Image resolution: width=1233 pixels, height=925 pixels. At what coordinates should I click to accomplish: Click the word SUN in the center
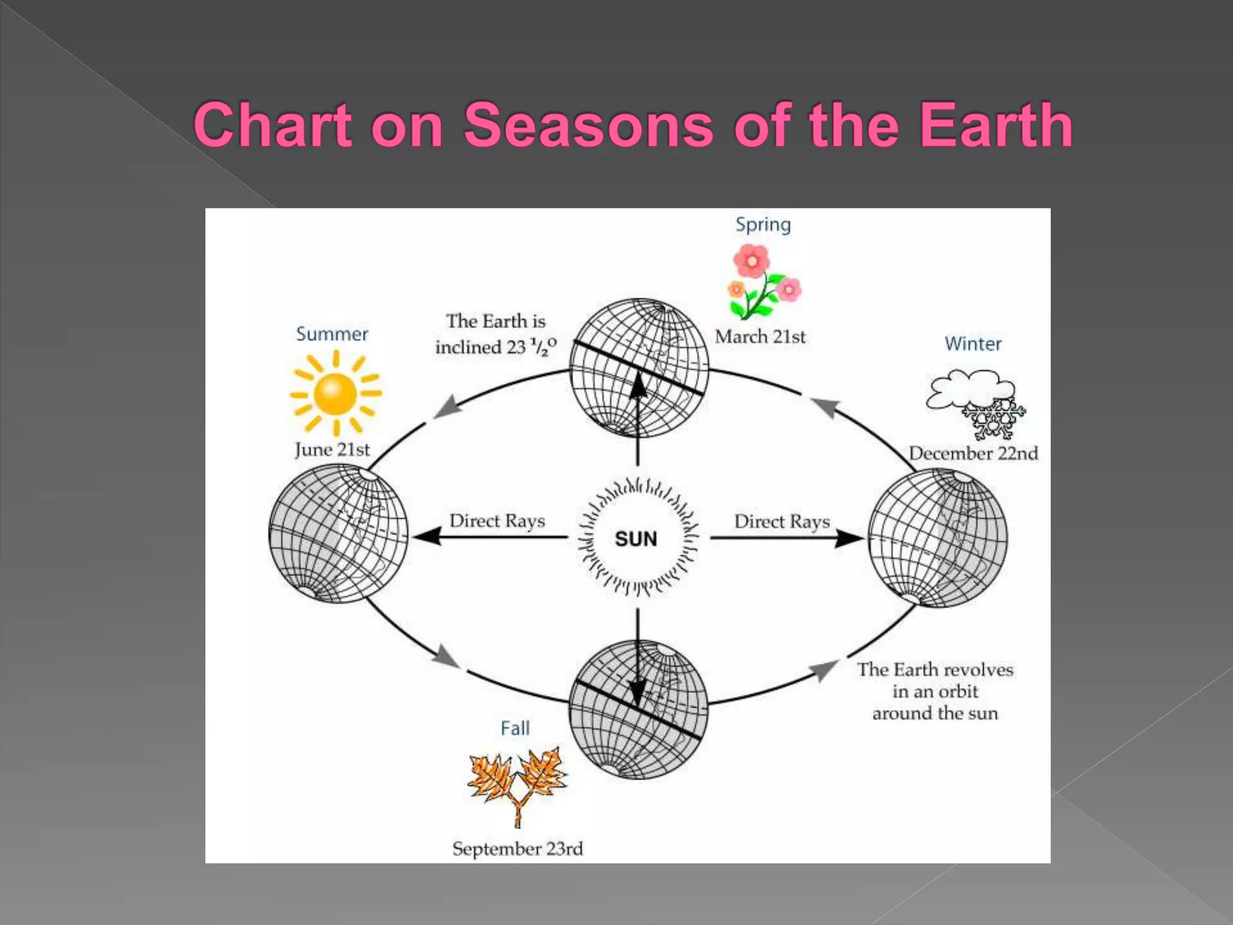point(636,538)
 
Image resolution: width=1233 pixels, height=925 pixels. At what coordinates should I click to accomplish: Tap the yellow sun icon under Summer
point(335,393)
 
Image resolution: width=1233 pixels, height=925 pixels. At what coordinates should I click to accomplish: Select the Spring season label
point(763,225)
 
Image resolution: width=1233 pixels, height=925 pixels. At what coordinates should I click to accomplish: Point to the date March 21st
point(760,337)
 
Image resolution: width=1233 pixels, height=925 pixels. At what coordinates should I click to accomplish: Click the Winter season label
point(973,343)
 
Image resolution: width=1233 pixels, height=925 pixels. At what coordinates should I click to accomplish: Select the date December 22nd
point(973,453)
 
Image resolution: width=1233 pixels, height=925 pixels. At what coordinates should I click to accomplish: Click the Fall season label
point(515,728)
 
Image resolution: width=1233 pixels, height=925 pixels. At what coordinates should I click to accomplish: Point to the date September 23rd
point(518,849)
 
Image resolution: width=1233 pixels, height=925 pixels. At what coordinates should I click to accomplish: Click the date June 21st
point(332,449)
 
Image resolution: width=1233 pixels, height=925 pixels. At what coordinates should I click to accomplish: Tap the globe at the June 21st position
point(338,534)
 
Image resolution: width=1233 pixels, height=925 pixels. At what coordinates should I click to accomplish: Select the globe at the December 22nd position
point(937,538)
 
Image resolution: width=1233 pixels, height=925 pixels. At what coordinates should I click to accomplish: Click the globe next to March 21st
point(639,367)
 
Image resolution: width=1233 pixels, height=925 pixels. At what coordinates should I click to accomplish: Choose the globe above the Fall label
point(638,709)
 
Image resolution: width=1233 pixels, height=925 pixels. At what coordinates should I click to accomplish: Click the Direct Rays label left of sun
point(497,521)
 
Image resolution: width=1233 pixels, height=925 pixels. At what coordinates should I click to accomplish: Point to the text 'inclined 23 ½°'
point(495,347)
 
